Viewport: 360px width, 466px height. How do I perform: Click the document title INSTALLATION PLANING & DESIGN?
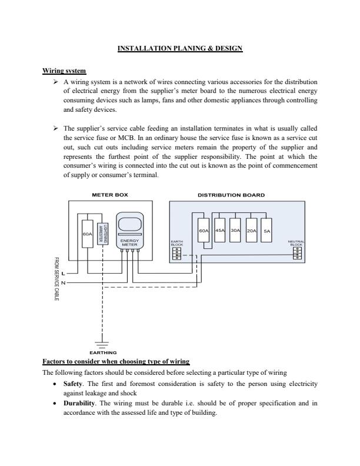(180, 48)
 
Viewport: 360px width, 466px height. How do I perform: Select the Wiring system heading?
(64, 71)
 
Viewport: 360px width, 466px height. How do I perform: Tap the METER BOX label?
(110, 195)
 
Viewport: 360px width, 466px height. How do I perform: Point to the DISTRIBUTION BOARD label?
(231, 195)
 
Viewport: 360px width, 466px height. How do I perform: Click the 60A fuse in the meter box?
(88, 234)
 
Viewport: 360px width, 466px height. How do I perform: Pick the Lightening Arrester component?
(102, 234)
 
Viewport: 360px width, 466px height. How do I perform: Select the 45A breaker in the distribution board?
(220, 230)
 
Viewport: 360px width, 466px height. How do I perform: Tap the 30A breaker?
(235, 230)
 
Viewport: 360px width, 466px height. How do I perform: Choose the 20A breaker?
(251, 230)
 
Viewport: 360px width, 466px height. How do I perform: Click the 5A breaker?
(266, 230)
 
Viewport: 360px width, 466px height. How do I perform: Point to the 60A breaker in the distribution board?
(204, 230)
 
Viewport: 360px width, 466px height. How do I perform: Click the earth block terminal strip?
(177, 253)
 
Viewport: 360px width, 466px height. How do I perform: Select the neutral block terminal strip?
(296, 253)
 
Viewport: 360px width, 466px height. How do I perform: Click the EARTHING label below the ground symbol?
(103, 353)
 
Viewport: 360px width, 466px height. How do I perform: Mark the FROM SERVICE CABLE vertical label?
(56, 279)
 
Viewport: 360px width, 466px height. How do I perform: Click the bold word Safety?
(73, 384)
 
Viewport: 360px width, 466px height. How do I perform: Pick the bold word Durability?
(79, 403)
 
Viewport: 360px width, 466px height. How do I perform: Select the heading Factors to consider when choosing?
(116, 362)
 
